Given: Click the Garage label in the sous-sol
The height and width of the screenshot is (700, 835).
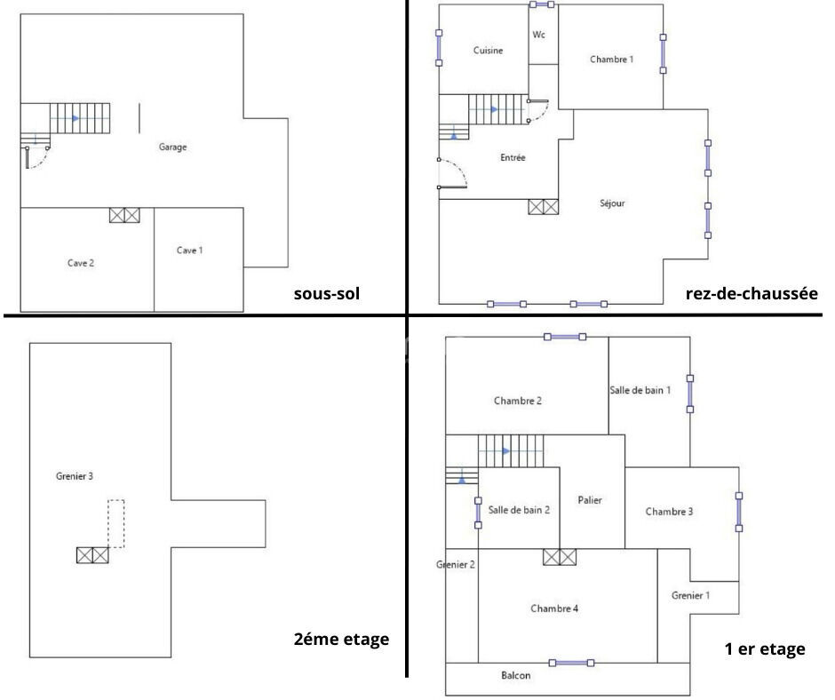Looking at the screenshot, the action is click(x=172, y=147).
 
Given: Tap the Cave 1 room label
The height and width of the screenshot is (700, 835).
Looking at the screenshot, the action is click(x=189, y=251).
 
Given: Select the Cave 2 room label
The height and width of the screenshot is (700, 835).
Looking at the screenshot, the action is click(x=81, y=263).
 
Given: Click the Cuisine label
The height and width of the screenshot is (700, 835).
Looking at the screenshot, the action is click(x=488, y=51).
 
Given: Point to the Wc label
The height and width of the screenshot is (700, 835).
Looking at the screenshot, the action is click(x=539, y=35).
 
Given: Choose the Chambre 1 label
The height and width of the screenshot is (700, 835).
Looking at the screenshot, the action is click(x=612, y=60).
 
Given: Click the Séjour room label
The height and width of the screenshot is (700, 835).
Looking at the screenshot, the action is click(x=612, y=203).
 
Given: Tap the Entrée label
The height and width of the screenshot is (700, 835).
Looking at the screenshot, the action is click(x=513, y=158).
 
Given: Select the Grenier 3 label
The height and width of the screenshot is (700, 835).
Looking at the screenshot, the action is click(x=75, y=476).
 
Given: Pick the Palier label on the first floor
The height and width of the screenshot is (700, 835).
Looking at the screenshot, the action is click(x=590, y=500).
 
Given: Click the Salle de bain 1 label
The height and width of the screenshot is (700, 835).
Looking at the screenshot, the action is click(x=640, y=391).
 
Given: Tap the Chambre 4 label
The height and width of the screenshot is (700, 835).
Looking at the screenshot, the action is click(x=554, y=609).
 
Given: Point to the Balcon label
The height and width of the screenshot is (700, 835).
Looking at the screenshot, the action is click(x=515, y=675).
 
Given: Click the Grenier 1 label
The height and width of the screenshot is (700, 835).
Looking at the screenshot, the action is click(x=691, y=595).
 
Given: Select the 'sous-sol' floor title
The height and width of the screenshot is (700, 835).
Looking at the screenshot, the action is click(x=327, y=293).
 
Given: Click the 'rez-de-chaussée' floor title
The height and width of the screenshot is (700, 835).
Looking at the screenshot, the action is click(x=751, y=293).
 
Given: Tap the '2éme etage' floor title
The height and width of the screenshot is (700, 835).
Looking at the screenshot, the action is click(x=341, y=639).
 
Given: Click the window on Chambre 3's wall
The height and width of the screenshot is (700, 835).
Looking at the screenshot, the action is click(x=738, y=512).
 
